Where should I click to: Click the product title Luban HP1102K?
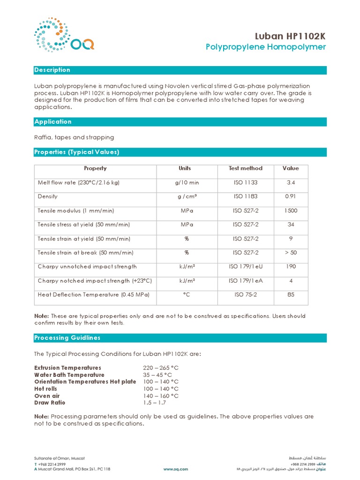pos(290,36)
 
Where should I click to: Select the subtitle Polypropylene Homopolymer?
pos(266,47)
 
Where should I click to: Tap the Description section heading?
pos(52,70)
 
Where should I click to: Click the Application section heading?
pos(53,121)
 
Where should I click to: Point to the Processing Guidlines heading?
pos(67,337)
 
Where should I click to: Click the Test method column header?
pos(245,168)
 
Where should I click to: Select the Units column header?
pos(185,168)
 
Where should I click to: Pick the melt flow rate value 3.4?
pos(291,182)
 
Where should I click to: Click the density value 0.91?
pos(291,196)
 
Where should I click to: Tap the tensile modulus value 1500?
pos(291,210)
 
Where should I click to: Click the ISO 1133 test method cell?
pos(245,182)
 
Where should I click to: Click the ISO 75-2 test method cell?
pos(245,295)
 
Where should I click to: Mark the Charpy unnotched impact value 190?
pos(291,267)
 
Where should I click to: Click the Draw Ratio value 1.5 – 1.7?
pos(154,403)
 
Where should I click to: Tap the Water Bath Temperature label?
pos(69,375)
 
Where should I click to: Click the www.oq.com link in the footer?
pos(175,469)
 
